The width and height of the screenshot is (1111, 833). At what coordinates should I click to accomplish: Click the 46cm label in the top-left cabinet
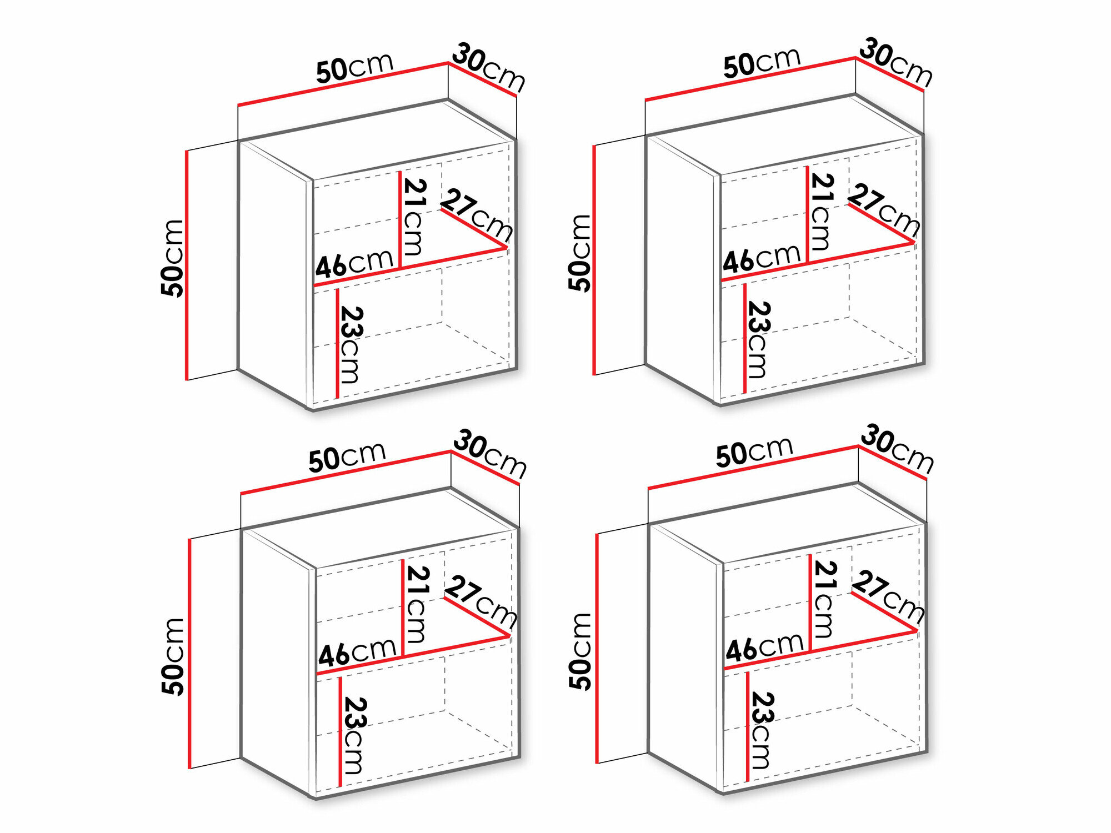[354, 263]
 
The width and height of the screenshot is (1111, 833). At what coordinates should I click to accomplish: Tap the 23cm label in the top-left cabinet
[351, 344]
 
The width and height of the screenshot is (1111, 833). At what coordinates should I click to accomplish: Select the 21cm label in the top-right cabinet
[822, 212]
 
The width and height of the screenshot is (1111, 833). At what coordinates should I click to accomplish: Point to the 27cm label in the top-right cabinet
[884, 209]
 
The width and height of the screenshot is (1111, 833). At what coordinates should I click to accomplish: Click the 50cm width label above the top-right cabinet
[762, 62]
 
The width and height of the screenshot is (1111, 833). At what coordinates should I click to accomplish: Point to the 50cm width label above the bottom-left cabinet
[347, 457]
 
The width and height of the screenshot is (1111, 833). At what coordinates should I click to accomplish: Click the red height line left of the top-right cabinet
[594, 260]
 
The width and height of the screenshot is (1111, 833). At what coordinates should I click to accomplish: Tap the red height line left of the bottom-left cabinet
[189, 654]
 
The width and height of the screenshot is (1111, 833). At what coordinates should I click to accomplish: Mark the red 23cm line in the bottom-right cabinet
[748, 726]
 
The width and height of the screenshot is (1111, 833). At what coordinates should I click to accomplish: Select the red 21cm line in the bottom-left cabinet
[402, 609]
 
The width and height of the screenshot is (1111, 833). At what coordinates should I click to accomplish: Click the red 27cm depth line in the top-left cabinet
[474, 228]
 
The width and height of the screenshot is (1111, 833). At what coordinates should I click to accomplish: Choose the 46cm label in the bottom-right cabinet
[764, 646]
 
